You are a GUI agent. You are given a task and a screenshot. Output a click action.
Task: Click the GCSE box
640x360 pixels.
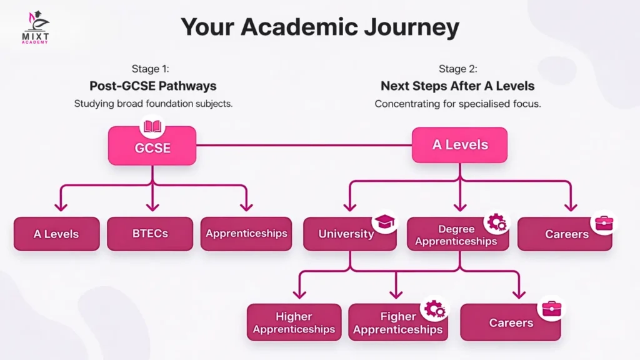[152, 149]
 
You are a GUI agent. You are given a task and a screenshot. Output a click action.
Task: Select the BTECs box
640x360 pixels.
[150, 234]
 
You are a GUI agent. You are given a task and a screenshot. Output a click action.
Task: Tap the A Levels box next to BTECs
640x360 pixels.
[56, 234]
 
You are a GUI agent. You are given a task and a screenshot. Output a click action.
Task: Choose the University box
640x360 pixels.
[347, 234]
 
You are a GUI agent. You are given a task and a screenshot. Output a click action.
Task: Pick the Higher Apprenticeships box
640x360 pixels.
[294, 322]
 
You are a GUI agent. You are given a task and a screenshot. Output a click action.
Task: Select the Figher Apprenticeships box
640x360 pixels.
[397, 323]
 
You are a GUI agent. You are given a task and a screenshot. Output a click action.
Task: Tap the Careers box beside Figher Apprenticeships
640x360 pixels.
[511, 322]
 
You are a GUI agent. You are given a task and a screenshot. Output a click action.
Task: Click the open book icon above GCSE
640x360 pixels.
[152, 127]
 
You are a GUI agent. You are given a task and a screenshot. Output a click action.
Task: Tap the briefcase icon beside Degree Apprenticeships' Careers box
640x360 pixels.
[603, 224]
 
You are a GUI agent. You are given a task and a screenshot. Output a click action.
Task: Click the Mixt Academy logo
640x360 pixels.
[36, 28]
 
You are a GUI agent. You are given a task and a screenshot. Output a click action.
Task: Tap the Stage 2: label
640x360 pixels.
[457, 69]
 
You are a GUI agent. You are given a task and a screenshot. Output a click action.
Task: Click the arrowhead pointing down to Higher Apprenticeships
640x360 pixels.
[299, 292]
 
